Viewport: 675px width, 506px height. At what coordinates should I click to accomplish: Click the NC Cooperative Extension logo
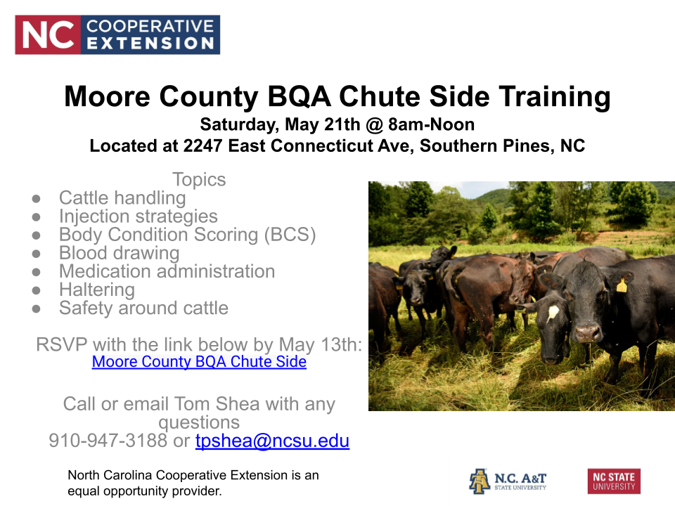tap(117, 35)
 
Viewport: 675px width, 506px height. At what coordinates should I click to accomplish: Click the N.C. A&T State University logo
tap(508, 481)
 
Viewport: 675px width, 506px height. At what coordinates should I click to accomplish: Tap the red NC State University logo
tap(614, 481)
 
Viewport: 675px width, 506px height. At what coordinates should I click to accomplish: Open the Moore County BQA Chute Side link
tap(199, 362)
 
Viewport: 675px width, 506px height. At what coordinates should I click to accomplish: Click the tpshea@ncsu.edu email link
tap(272, 441)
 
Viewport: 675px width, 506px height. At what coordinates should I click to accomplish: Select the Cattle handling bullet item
tap(122, 198)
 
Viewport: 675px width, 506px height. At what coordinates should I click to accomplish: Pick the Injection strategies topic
tap(138, 216)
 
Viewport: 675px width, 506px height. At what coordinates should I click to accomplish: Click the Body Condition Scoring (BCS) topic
tap(187, 235)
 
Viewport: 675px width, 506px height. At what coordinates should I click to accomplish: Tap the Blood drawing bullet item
tap(119, 253)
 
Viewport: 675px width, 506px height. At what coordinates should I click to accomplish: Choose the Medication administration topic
tap(167, 271)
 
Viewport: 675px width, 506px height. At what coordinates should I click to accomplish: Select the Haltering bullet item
tap(96, 290)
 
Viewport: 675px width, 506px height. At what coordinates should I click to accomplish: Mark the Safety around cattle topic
tap(143, 308)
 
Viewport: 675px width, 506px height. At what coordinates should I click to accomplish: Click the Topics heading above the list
tap(199, 180)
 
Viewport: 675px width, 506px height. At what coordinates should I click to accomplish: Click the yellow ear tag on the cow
tap(622, 285)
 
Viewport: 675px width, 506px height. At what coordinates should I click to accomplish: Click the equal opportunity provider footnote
tap(193, 484)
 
